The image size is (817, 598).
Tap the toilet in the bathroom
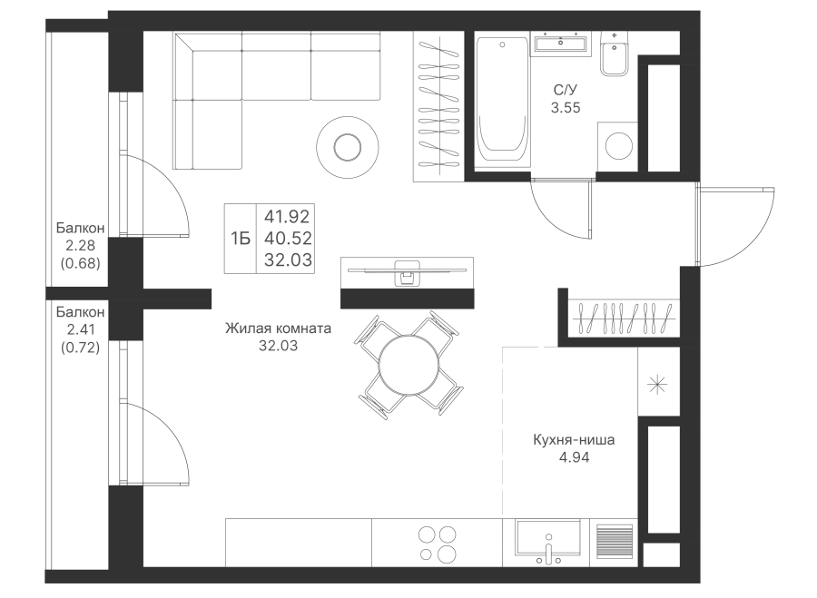click(x=615, y=54)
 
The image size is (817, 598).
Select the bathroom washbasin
click(x=561, y=43)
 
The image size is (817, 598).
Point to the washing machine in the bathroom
click(x=617, y=146)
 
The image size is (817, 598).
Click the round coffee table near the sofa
click(x=348, y=147)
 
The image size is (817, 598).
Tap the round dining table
click(x=409, y=365)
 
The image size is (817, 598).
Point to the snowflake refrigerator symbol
click(x=657, y=385)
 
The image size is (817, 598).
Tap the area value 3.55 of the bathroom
click(x=566, y=108)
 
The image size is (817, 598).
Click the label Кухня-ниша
click(x=574, y=439)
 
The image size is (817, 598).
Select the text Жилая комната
click(x=278, y=328)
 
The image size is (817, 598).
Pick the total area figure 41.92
click(x=287, y=216)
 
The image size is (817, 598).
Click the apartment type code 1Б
click(x=241, y=239)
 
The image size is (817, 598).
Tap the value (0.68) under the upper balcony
click(x=80, y=263)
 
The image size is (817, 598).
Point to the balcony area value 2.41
click(x=80, y=329)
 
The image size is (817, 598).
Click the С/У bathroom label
click(x=566, y=90)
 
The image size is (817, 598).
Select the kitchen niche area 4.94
click(x=574, y=457)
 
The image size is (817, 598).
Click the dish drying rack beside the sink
click(x=614, y=542)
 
